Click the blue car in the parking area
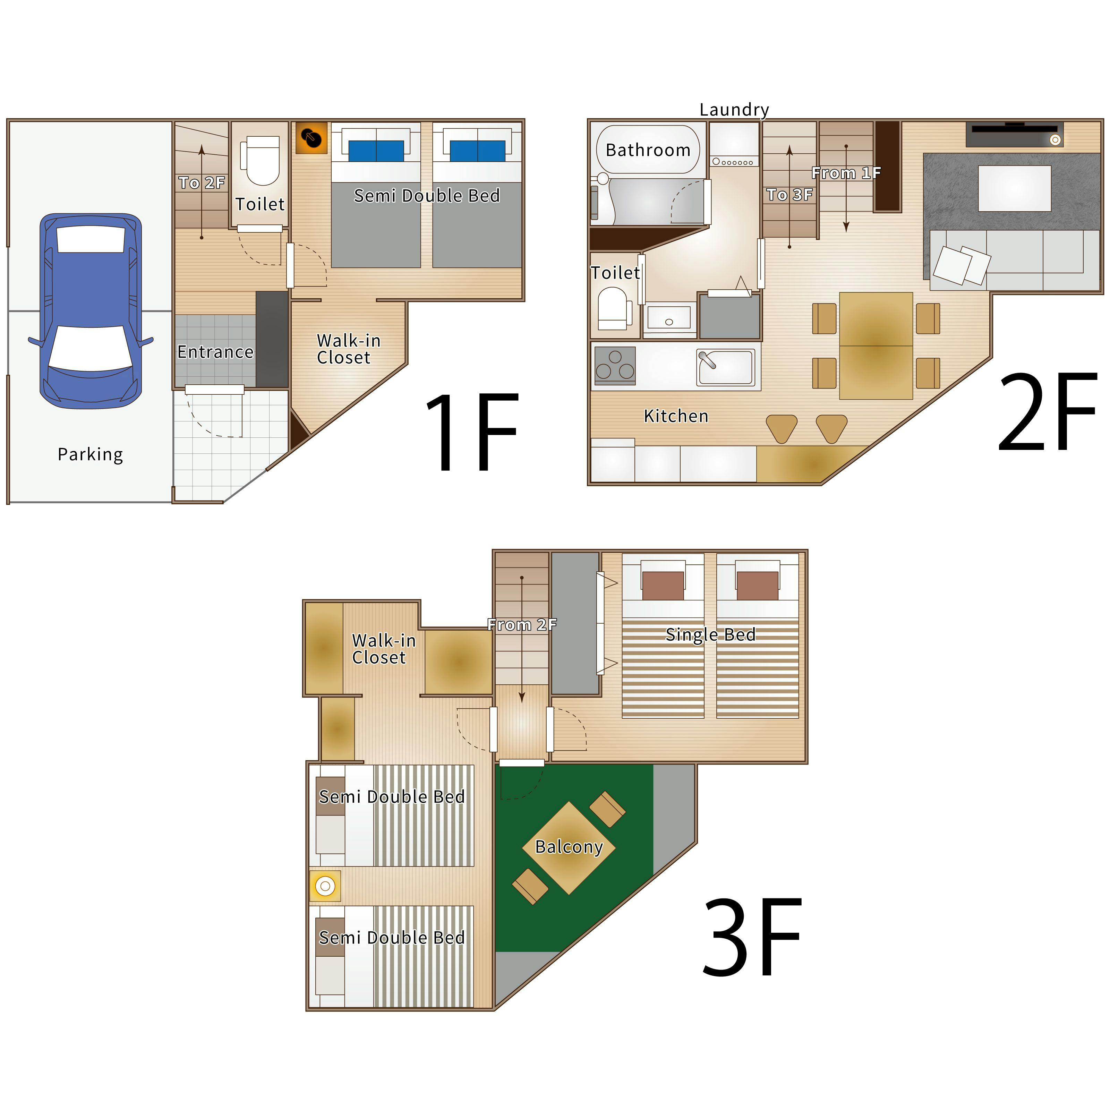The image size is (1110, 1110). point(91,311)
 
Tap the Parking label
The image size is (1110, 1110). point(90,454)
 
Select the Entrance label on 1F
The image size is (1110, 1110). point(215,352)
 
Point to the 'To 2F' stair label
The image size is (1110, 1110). point(202,183)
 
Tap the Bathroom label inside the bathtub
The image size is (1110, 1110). point(648,150)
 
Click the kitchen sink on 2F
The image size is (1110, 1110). point(725,368)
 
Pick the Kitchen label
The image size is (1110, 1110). point(676,416)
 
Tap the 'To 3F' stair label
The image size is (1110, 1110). point(790,195)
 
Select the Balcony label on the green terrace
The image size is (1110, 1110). point(569,846)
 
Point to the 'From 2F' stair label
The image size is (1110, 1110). point(522,624)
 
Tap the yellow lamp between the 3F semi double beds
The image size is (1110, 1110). point(325,886)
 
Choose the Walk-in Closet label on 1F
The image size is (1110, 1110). point(349,349)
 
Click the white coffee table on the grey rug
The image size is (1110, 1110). point(1015,188)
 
